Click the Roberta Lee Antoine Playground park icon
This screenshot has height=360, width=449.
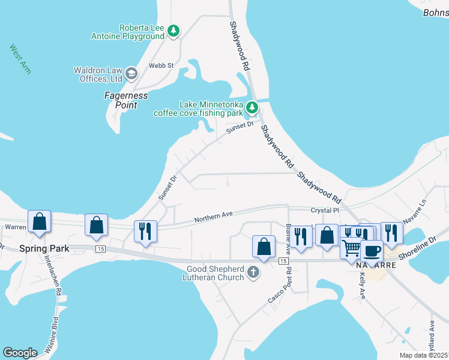(173, 31)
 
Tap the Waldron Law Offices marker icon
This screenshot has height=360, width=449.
(131, 74)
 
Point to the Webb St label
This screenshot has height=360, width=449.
(161, 65)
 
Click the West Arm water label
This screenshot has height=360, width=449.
(20, 56)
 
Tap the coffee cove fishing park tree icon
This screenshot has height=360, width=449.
(252, 108)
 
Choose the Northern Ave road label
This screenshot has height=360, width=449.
(213, 217)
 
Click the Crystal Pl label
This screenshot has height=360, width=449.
(325, 211)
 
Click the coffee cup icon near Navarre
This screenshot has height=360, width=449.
(372, 250)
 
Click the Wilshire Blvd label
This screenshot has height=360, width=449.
(51, 333)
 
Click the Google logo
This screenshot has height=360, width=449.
(20, 353)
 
